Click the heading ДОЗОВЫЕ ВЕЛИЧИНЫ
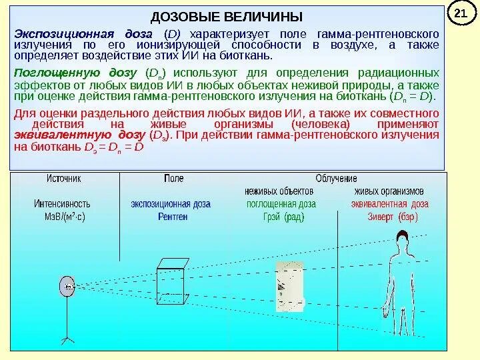click(x=227, y=16)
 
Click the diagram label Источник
click(x=63, y=179)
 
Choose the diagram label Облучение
click(x=336, y=179)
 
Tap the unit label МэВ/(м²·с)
click(x=64, y=217)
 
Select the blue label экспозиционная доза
click(x=171, y=205)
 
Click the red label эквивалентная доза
click(x=391, y=205)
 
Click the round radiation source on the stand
click(x=67, y=287)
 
